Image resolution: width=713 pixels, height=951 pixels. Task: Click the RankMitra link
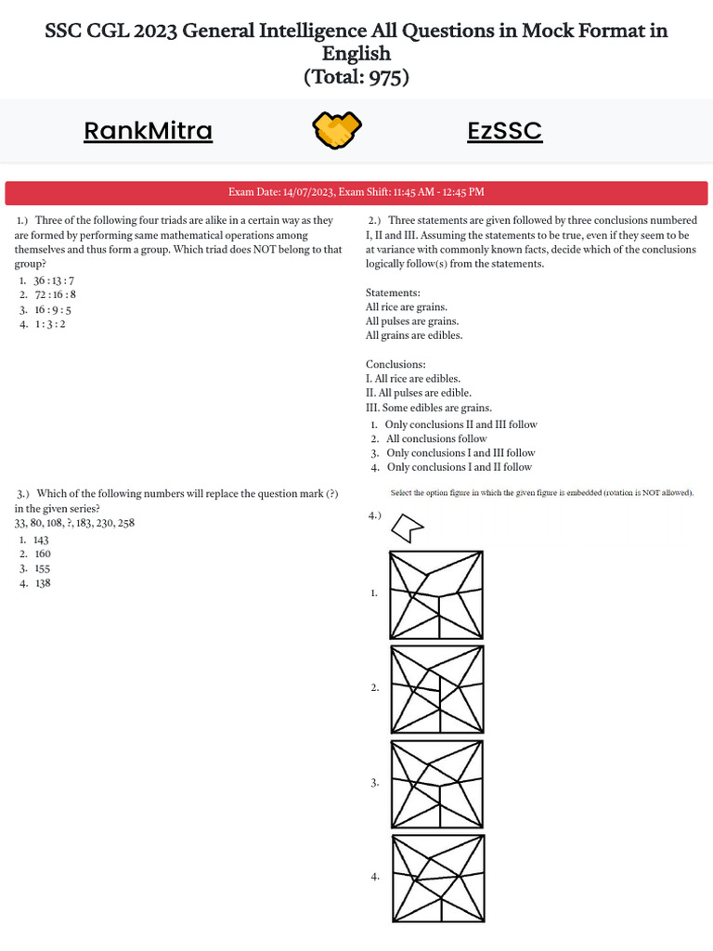148,131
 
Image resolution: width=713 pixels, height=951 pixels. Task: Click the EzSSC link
504,131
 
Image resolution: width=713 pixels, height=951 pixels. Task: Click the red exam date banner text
356,192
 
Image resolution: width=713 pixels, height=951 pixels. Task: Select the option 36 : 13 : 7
54,280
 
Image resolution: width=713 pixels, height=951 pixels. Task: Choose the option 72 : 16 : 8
55,294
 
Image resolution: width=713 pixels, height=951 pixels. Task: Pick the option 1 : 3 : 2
49,324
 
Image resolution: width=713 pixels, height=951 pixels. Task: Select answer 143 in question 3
41,540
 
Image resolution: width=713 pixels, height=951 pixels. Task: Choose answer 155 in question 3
42,568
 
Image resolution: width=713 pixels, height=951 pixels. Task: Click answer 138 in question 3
42,583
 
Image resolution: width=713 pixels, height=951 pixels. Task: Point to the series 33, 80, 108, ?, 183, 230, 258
74,523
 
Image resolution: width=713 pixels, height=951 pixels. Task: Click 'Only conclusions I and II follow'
459,467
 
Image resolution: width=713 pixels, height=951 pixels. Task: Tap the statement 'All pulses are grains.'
412,320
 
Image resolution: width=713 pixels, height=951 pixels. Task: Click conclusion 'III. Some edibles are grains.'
428,408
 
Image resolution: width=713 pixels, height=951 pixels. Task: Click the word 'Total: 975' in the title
356,77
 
